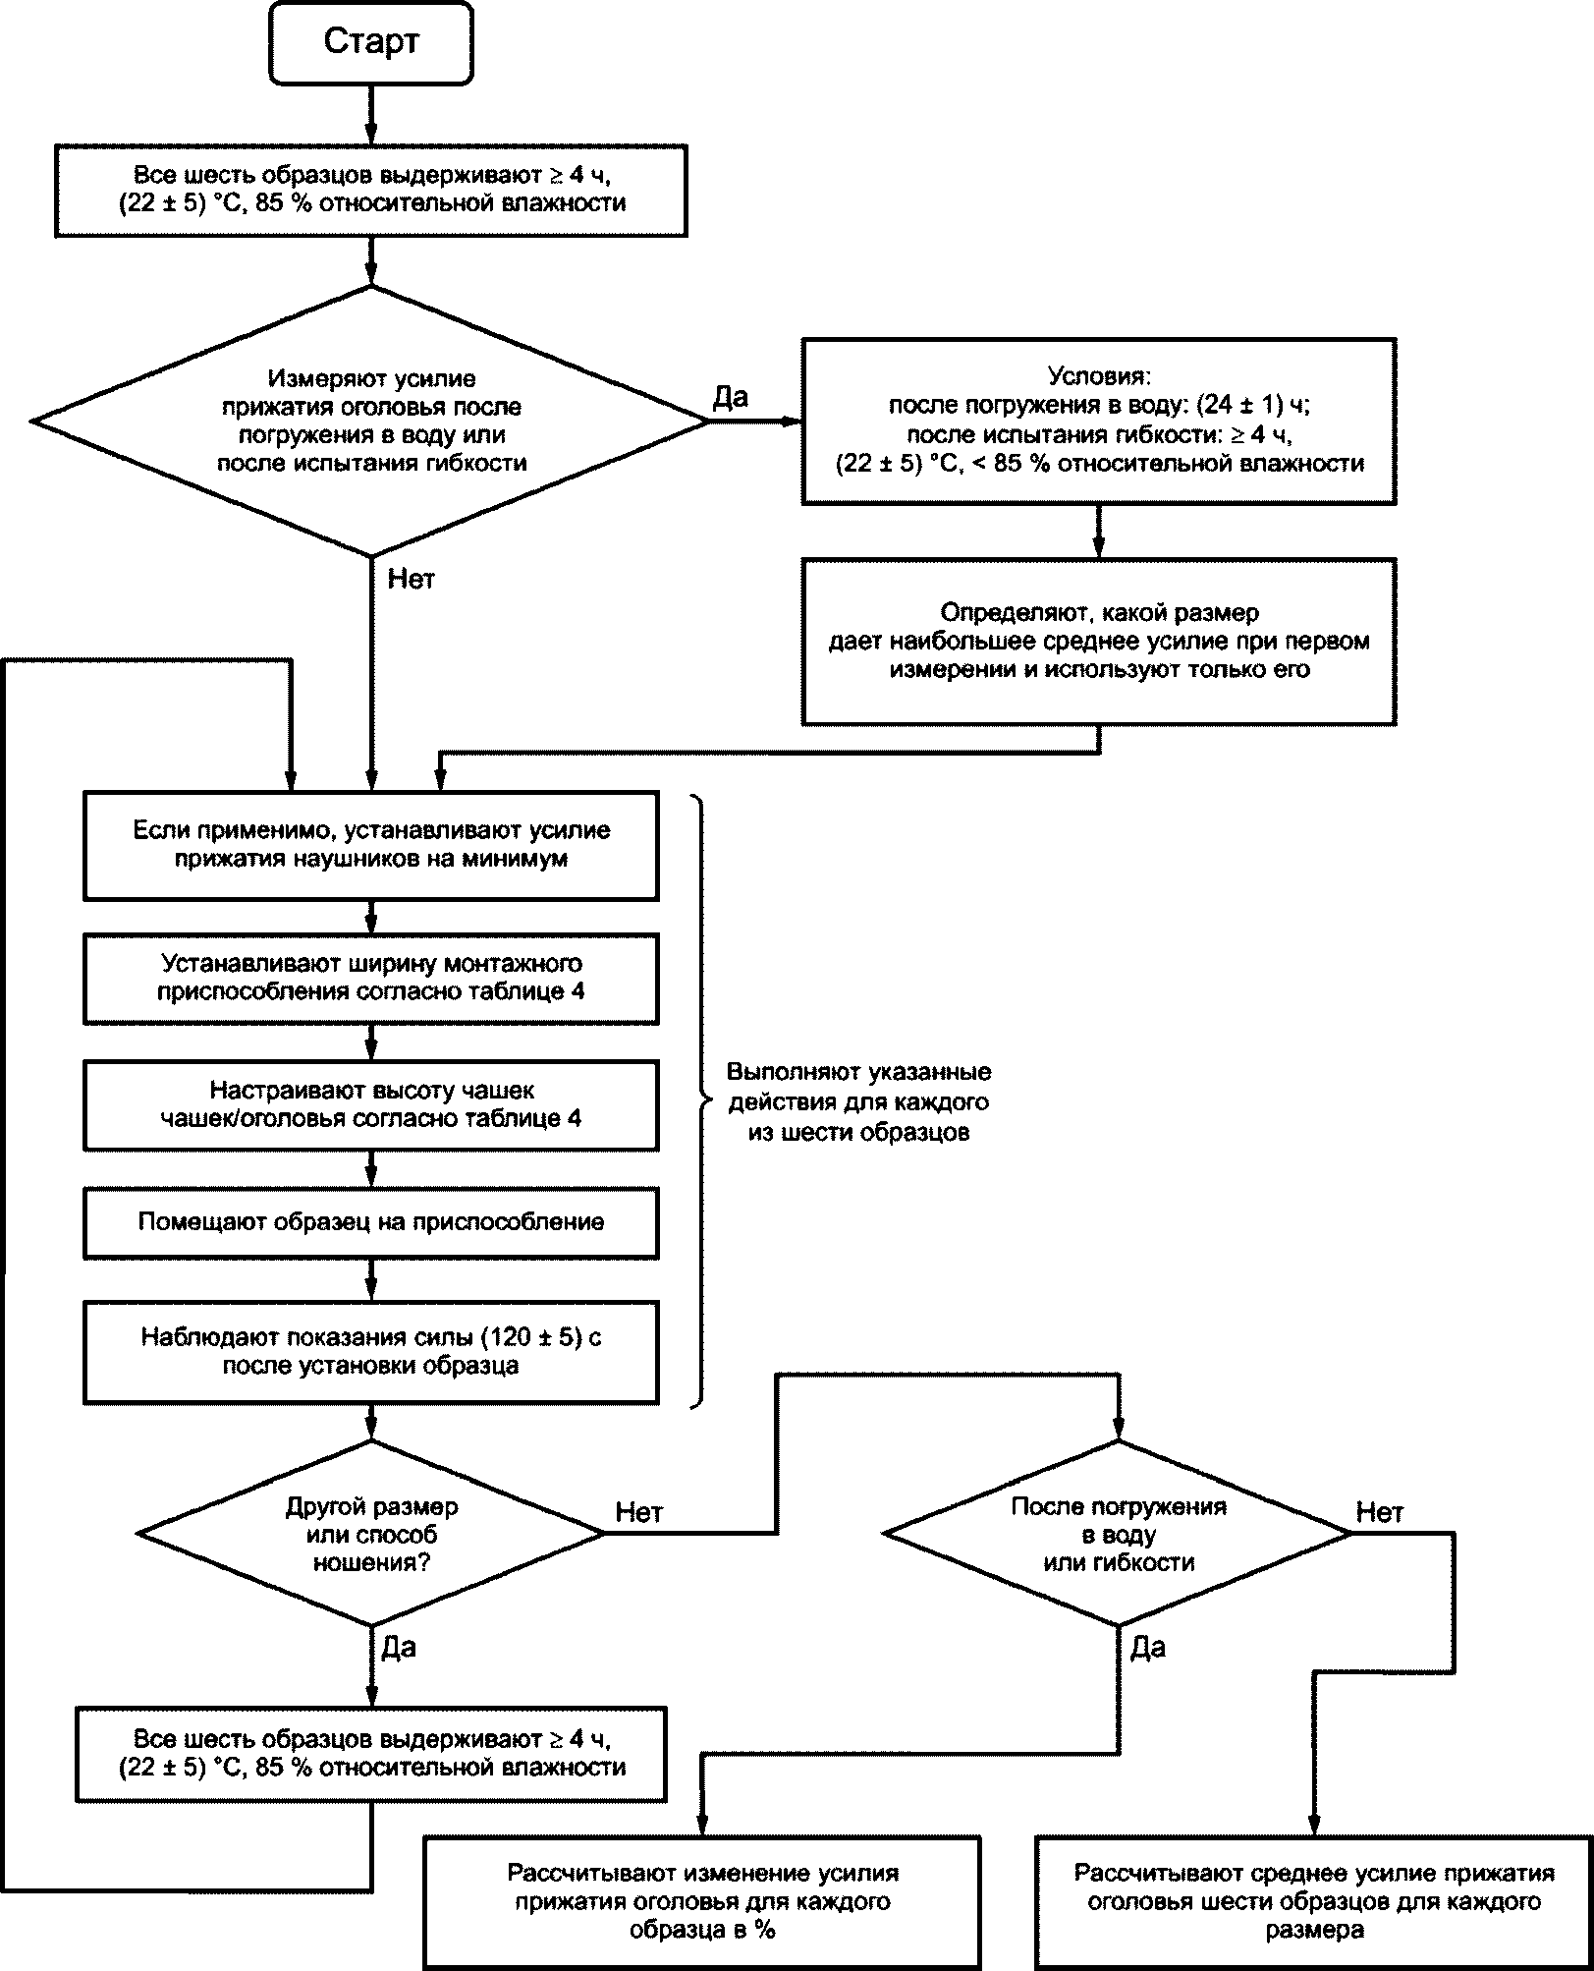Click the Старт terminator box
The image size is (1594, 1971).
[x=371, y=42]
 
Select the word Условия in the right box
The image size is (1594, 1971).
[x=1099, y=376]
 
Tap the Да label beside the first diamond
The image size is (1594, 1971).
[x=730, y=397]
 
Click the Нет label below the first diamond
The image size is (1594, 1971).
[x=411, y=579]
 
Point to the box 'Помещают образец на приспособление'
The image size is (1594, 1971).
[x=371, y=1223]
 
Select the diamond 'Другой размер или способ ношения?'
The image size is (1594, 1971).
[x=371, y=1534]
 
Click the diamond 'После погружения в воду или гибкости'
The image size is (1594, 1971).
[x=1119, y=1534]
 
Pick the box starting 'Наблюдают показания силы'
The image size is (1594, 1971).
[x=371, y=1352]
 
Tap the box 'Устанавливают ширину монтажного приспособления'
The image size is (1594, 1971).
[x=371, y=979]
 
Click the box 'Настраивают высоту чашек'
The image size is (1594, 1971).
[x=371, y=1105]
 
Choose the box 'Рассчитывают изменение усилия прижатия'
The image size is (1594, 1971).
[x=702, y=1901]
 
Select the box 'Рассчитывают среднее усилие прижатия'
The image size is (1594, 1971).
[x=1314, y=1901]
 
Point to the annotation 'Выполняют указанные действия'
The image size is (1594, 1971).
[x=858, y=1102]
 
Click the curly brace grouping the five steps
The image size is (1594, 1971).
[x=701, y=1101]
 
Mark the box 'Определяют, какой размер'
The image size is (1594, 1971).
[x=1099, y=643]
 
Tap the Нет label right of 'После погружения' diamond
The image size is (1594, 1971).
[x=1380, y=1512]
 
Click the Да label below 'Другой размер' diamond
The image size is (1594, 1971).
[x=398, y=1648]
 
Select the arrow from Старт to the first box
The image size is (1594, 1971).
[x=371, y=115]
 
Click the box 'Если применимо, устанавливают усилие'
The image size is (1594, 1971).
[x=371, y=846]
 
